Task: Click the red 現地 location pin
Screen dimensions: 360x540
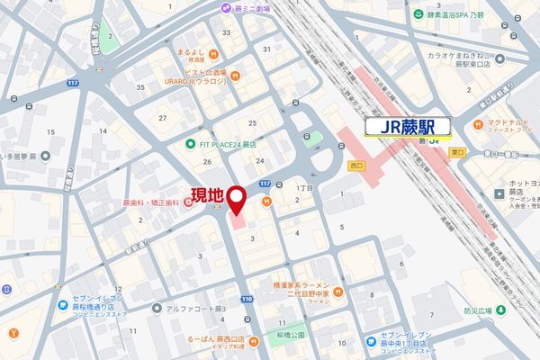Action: point(238,199)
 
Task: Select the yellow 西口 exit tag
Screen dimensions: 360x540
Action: point(355,166)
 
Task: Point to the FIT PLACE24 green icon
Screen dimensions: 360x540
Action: point(191,144)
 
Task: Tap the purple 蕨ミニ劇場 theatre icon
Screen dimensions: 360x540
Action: point(224,8)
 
